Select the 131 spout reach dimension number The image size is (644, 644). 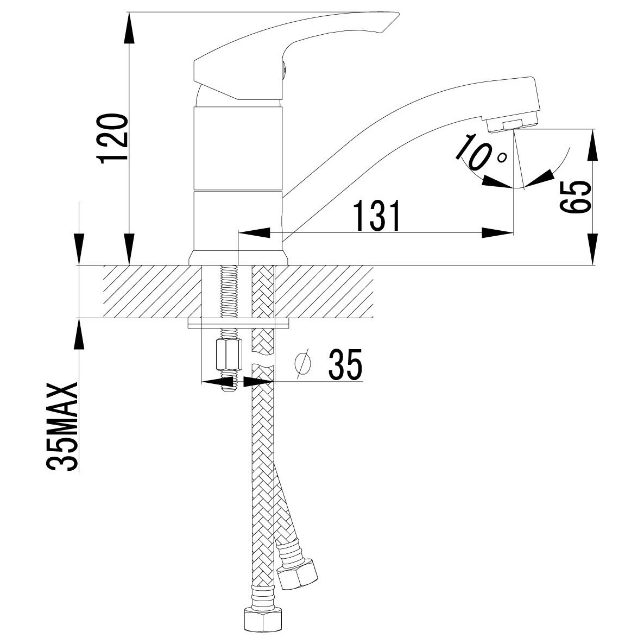[377, 216]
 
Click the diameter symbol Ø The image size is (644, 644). [303, 364]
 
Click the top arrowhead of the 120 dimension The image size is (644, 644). [130, 27]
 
